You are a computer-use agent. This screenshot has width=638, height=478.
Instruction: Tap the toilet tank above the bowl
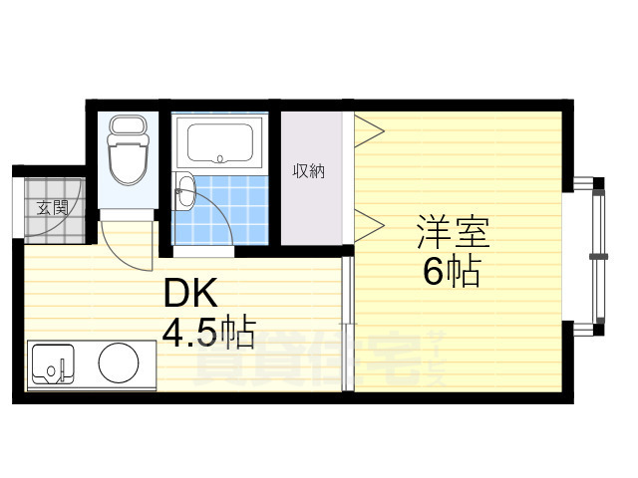127,127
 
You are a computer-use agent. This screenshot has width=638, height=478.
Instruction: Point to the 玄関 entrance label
52,208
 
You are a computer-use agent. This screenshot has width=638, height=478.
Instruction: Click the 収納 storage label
308,170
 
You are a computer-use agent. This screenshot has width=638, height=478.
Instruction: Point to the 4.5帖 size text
208,332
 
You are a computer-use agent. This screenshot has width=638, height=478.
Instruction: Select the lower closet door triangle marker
368,224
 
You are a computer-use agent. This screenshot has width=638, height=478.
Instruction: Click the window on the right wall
596,254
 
